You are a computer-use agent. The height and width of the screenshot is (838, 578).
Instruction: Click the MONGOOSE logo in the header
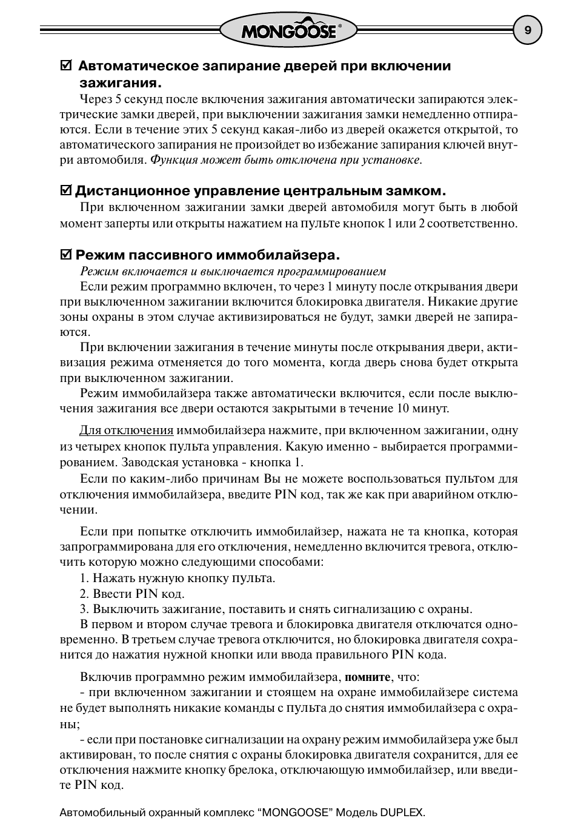click(x=288, y=30)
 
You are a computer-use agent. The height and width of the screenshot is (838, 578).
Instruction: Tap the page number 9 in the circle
click(x=527, y=30)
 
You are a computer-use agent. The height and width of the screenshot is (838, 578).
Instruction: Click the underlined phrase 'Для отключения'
click(x=127, y=431)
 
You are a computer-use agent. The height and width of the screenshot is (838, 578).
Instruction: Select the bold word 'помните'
click(x=367, y=677)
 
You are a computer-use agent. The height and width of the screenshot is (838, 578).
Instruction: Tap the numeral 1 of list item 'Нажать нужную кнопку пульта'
click(x=83, y=578)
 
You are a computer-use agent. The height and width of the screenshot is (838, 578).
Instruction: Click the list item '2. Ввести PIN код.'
click(x=132, y=594)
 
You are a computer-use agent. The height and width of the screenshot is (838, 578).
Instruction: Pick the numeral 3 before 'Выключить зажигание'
click(x=83, y=609)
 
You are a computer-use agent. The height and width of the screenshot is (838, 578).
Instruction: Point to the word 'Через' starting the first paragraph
click(x=95, y=98)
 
